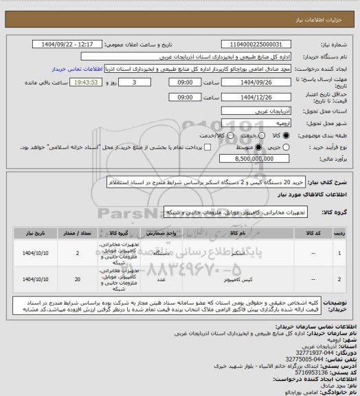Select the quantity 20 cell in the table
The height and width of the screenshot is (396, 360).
(77, 280)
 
